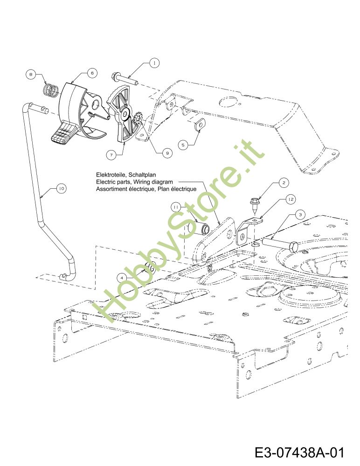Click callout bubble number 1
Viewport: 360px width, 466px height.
tap(154, 63)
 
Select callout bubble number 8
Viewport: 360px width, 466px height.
tap(31, 74)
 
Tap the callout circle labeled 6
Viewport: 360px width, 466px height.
tap(92, 73)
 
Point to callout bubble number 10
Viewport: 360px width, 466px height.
tap(61, 188)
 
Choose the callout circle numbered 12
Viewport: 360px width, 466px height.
tap(291, 199)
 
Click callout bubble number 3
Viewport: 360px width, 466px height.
tap(300, 214)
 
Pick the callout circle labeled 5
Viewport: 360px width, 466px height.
tap(183, 145)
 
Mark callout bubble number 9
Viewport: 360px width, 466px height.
tap(167, 153)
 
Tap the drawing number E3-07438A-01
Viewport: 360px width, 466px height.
tap(299, 452)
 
